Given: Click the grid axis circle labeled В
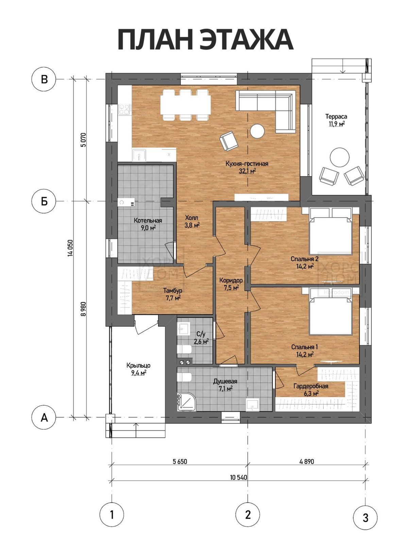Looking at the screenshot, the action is [x=44, y=79].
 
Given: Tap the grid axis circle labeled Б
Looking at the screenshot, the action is [x=44, y=202].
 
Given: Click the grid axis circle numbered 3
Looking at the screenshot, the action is [x=365, y=517].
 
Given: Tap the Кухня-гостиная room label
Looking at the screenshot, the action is [x=247, y=164].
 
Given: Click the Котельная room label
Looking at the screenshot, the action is [x=148, y=220].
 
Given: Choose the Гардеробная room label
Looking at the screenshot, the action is [x=311, y=386].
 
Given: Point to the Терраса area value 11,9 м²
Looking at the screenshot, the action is [x=337, y=124].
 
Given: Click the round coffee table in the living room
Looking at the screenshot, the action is [x=257, y=131].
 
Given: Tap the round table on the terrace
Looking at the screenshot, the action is [x=340, y=158].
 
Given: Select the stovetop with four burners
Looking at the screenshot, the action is [x=125, y=109].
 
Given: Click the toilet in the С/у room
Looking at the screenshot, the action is [x=184, y=350].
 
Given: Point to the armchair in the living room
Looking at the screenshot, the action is [x=228, y=140].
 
